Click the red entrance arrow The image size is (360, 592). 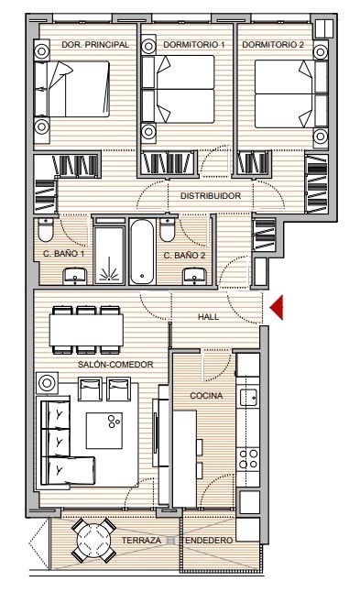277,307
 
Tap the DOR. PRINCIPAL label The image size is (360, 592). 93,44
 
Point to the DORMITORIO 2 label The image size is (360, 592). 271,44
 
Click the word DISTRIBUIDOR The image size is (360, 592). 210,196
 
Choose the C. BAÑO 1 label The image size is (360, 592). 63,254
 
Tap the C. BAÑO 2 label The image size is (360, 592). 184,254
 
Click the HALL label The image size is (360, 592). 210,317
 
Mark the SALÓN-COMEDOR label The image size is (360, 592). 115,364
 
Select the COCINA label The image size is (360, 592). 205,395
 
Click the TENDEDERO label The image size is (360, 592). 209,542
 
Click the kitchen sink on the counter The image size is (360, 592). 248,397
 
